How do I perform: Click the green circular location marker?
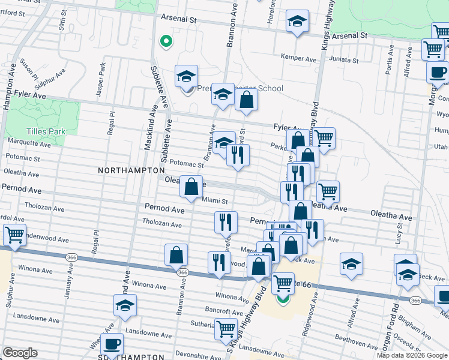point(166,41)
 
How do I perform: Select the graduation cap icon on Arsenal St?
point(297,22)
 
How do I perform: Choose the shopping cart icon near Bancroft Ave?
point(226,329)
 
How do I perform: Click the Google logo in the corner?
point(20,353)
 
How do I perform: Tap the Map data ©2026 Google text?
point(411,355)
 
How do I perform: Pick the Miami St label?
point(215,200)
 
